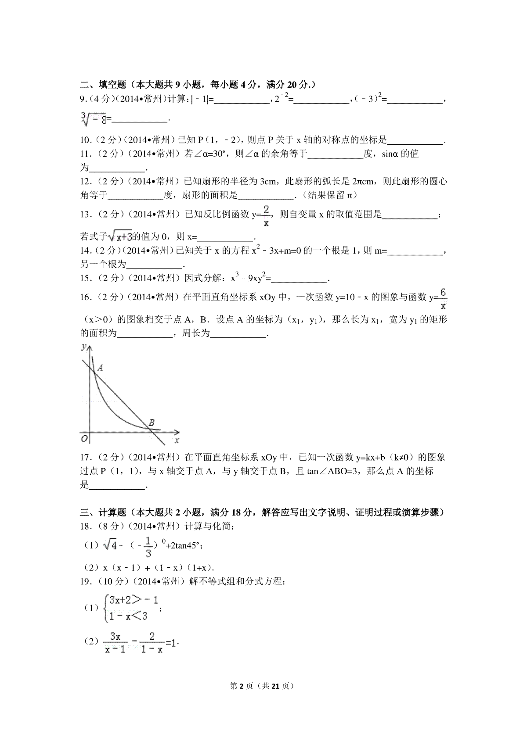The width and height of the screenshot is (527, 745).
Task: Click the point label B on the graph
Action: click(x=151, y=423)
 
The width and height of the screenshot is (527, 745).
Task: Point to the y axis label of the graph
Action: click(x=83, y=347)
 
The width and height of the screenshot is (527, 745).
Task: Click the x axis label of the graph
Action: click(x=177, y=439)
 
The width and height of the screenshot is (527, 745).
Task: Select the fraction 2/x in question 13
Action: click(x=266, y=215)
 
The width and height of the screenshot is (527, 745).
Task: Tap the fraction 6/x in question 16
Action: click(x=443, y=298)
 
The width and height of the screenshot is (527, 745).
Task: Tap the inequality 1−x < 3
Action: click(x=128, y=616)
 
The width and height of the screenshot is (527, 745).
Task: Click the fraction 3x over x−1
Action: click(x=116, y=642)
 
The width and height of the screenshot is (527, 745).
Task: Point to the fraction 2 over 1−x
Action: click(x=152, y=642)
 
